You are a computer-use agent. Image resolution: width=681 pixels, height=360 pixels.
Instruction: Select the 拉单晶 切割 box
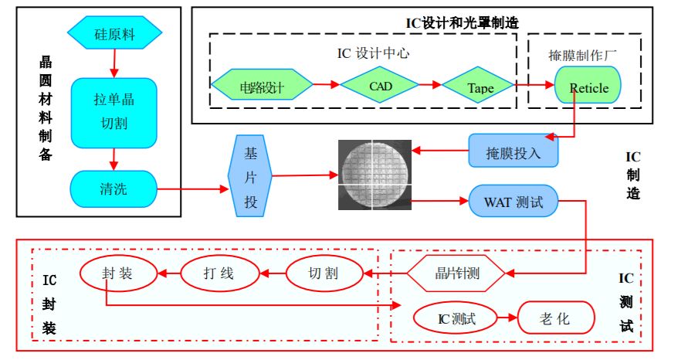coord(114,111)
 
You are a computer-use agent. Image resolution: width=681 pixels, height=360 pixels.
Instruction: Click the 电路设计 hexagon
coord(262,87)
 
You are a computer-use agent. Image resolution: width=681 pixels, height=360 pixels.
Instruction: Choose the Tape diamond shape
coord(480,87)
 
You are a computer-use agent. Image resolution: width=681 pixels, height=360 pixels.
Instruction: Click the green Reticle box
coord(588,87)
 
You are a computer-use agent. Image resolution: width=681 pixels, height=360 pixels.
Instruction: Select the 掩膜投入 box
coord(514,150)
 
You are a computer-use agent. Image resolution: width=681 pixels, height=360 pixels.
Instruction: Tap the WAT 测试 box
coord(513,203)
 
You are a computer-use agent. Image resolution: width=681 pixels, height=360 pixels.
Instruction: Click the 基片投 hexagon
coord(250,178)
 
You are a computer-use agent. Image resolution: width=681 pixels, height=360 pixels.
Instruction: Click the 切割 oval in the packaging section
coord(324,273)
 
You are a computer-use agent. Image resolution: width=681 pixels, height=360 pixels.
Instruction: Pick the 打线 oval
coord(219,273)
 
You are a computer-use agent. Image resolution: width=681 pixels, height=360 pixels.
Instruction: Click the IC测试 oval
coord(456,317)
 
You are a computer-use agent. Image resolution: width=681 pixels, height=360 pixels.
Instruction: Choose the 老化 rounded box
coord(556,317)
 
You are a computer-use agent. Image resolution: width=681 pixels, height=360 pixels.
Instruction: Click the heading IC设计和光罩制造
coord(462,22)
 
